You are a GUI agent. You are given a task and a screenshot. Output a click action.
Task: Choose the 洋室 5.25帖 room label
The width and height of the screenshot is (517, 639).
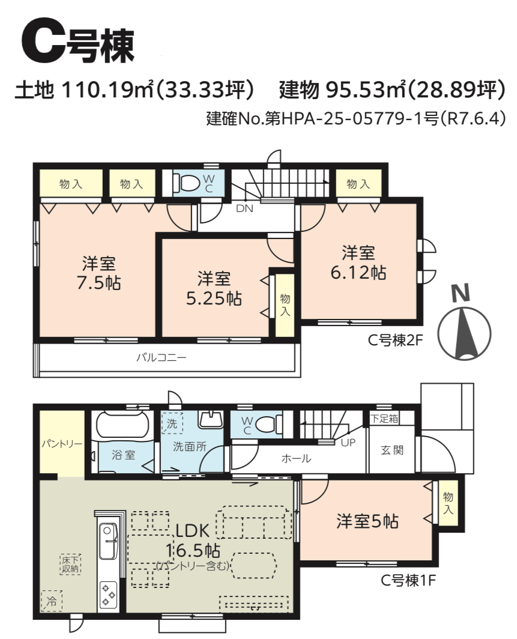(214, 288)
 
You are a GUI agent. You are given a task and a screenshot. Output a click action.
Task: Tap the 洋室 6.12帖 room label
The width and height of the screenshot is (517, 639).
(358, 262)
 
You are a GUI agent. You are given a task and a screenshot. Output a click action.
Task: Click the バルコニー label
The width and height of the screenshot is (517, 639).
(162, 358)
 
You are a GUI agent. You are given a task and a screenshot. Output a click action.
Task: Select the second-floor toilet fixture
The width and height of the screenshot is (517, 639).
(187, 183)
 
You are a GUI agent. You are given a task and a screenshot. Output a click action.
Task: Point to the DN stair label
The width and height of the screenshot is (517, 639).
(244, 208)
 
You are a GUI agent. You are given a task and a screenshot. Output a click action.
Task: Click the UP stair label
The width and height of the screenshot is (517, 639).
(348, 442)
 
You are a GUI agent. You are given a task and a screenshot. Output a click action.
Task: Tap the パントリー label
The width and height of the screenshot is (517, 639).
(62, 443)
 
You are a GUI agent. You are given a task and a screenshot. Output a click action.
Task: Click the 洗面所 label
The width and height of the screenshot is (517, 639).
(189, 447)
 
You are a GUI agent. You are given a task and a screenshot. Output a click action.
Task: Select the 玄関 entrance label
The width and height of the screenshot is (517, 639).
(392, 450)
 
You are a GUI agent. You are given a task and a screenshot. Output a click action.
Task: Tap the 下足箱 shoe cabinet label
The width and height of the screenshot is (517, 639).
(384, 419)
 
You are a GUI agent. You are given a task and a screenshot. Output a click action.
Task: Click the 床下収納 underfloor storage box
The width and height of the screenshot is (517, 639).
(70, 564)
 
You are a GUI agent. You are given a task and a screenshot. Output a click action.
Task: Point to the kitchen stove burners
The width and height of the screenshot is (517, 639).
(108, 594)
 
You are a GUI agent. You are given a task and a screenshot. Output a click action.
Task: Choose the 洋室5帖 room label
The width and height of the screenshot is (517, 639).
(367, 521)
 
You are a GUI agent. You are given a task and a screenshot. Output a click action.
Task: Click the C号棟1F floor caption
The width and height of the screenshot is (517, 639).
(408, 580)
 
